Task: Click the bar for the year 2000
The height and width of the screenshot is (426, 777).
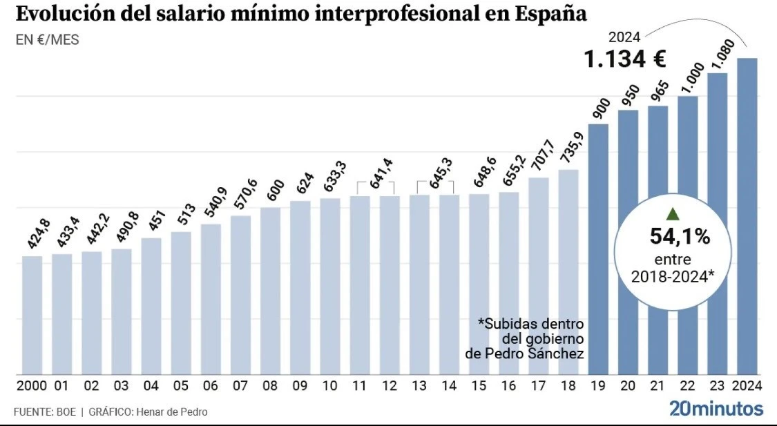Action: (32, 315)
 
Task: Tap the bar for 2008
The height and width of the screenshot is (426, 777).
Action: (271, 290)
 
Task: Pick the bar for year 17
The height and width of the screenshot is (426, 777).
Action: (539, 276)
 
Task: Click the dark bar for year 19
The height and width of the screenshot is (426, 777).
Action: (598, 249)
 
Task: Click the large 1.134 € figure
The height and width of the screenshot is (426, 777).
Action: (625, 60)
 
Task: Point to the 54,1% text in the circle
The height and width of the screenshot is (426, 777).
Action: (680, 238)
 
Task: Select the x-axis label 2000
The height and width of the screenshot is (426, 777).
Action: (32, 385)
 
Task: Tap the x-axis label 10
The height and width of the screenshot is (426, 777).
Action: (330, 385)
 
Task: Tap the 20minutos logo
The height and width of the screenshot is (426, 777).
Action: (716, 408)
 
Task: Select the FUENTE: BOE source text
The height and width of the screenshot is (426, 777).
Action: (44, 412)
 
